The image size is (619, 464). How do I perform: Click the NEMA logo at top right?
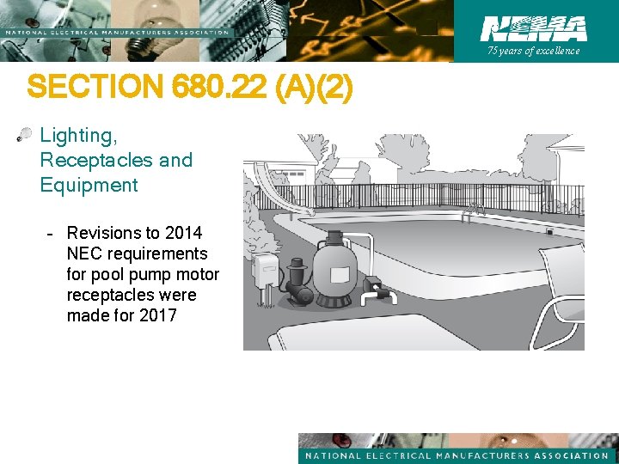point(533,28)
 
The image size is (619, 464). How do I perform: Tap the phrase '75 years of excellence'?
point(533,51)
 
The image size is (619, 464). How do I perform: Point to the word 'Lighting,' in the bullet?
point(77,136)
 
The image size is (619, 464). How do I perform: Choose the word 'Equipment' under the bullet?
point(89,185)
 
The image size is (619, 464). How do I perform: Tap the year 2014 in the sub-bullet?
point(184,233)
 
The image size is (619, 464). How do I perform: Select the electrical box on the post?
point(265,273)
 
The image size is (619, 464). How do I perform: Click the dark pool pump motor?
point(298,284)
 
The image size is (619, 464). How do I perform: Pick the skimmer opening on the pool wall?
point(549,231)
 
